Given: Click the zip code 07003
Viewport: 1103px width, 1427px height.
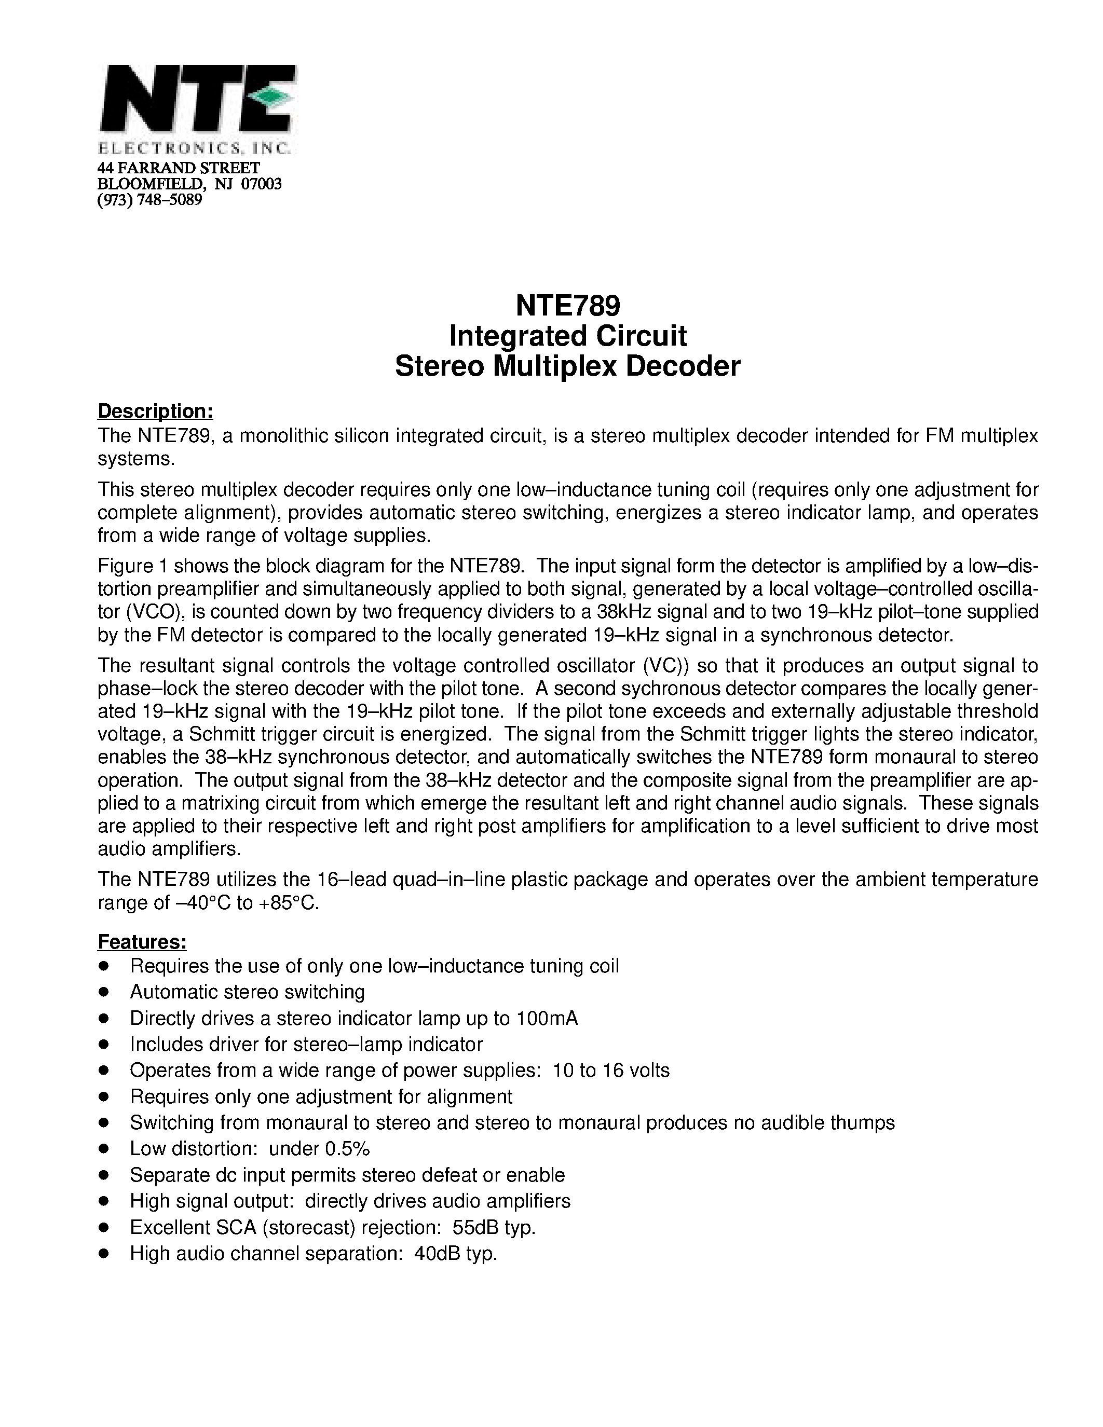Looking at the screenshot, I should [262, 184].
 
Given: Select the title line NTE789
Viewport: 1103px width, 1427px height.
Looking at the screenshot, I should [567, 305].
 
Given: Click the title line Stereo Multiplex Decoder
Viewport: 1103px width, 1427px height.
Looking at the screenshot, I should [567, 366].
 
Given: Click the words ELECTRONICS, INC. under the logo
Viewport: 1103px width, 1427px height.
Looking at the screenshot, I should [194, 148].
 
